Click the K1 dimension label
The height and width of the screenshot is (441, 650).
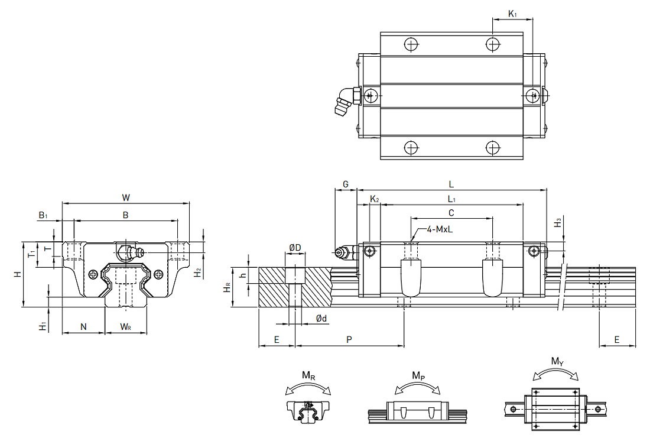(512, 12)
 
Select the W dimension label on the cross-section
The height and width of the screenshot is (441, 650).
(125, 197)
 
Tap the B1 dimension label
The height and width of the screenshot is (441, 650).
(43, 216)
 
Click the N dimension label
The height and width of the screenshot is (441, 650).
(83, 326)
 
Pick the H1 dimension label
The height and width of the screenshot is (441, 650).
(42, 326)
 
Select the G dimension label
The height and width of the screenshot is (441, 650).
(346, 184)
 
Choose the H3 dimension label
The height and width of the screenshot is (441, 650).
(558, 223)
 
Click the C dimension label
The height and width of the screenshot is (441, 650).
(451, 212)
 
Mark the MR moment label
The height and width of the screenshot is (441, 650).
(308, 375)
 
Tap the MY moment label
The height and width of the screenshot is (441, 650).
(557, 361)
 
